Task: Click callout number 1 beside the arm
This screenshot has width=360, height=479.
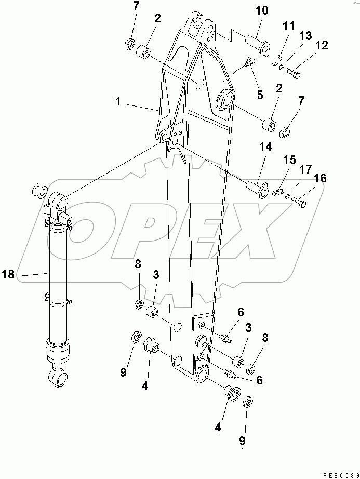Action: [118, 102]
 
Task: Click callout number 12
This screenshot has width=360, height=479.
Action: [322, 46]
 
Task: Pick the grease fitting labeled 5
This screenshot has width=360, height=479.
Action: [249, 64]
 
